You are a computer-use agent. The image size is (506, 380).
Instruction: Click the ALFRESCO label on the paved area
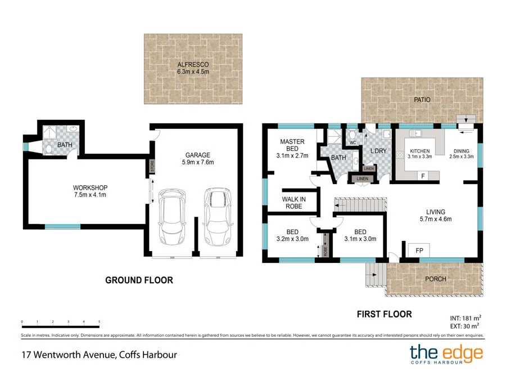[x=193, y=65]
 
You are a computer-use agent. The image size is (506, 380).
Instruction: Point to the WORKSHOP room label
[x=90, y=187]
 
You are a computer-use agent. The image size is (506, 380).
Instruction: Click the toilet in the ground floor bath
[x=49, y=149]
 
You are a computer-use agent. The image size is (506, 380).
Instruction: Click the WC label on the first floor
[x=352, y=143]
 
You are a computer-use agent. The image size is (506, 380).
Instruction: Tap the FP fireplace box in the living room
[x=419, y=249]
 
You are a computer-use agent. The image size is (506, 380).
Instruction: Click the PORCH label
[x=435, y=279]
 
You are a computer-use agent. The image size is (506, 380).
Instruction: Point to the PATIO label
[x=422, y=100]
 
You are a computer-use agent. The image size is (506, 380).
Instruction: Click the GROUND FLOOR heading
[x=139, y=280]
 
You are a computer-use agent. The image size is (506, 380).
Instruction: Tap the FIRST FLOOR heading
[x=385, y=314]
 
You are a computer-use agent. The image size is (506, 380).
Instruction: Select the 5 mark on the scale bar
[x=99, y=322]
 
